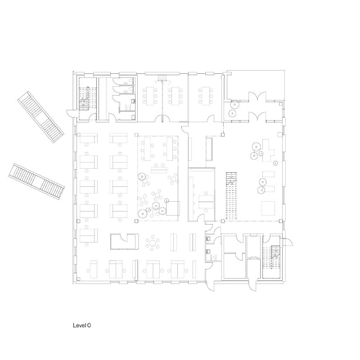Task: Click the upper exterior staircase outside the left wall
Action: [40, 116]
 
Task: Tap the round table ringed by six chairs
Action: [154, 243]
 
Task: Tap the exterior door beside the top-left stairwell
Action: [69, 112]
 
